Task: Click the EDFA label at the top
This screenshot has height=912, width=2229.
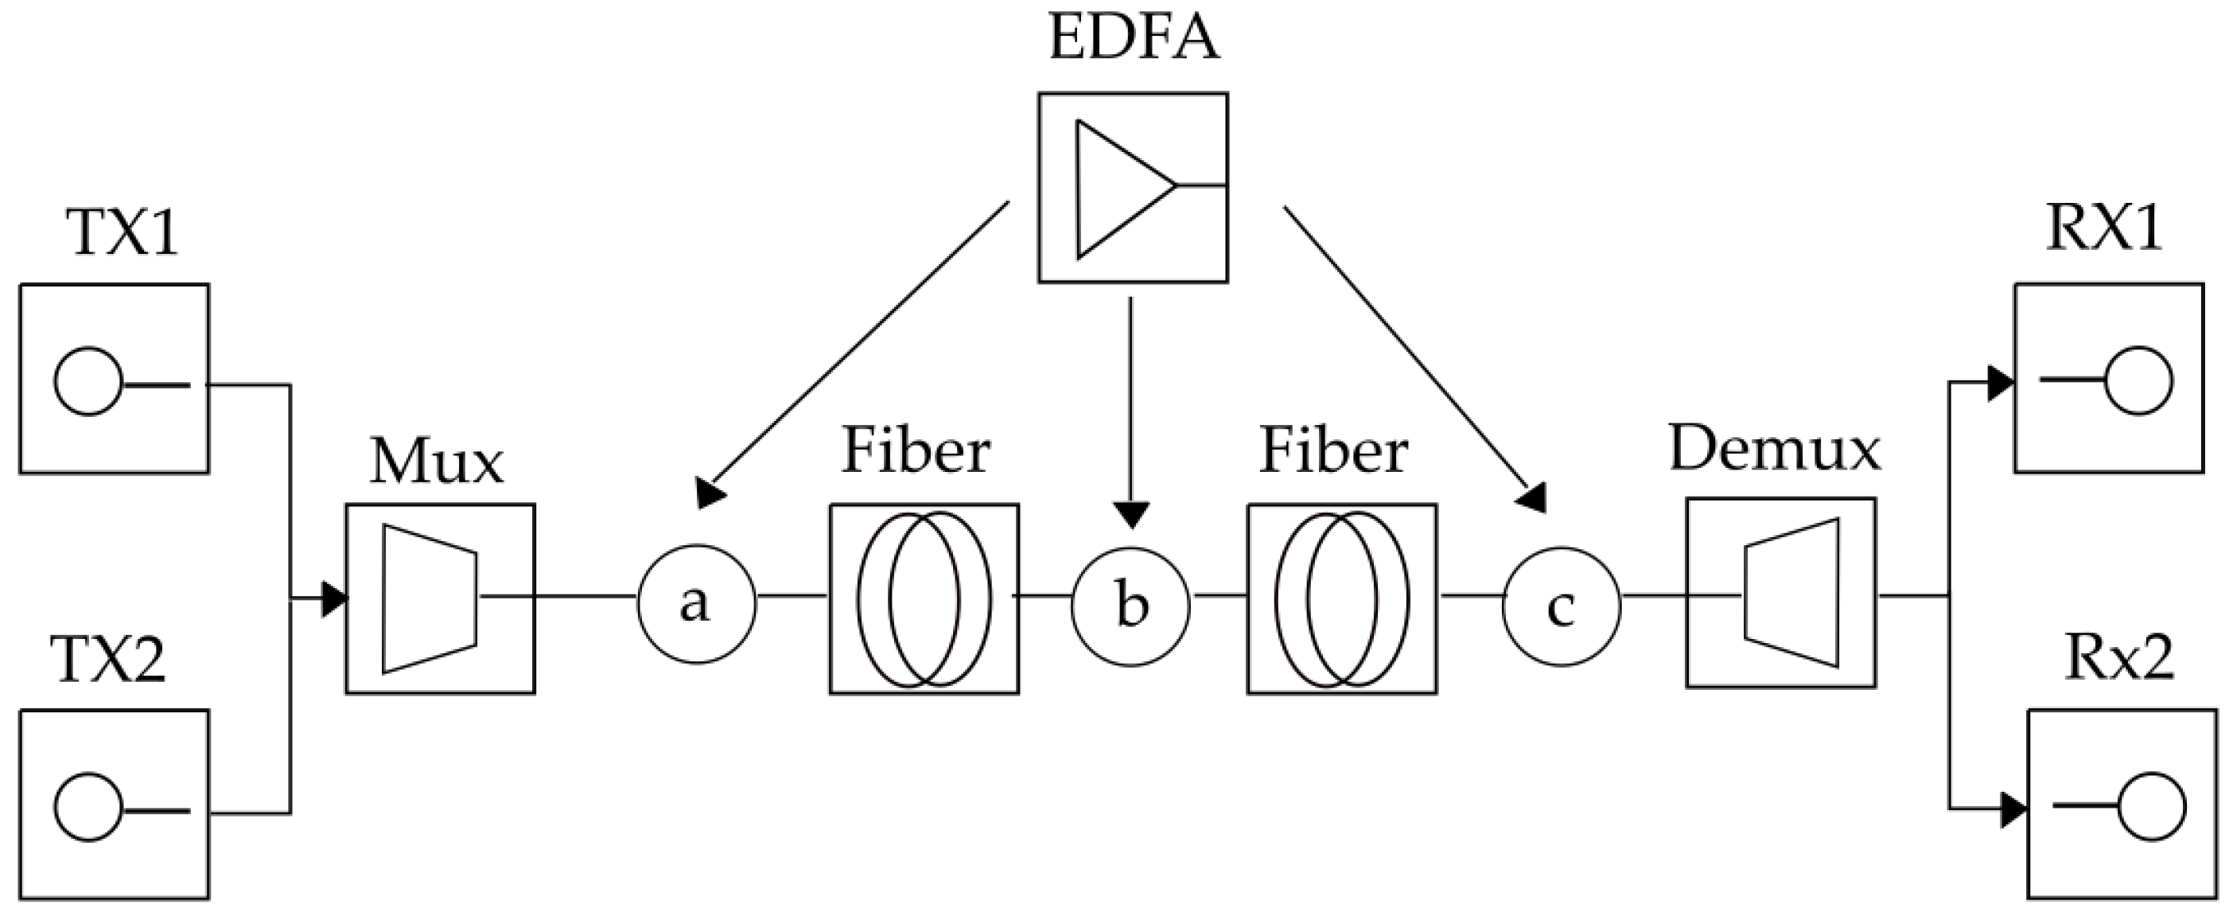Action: point(1134,39)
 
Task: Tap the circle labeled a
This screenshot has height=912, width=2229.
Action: point(697,604)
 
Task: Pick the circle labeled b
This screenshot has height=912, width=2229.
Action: point(1131,606)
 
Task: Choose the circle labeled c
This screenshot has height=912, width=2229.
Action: point(1562,606)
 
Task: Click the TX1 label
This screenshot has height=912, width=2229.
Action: point(123,234)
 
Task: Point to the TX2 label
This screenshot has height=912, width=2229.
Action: point(108,660)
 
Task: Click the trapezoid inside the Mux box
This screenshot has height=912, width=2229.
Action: point(428,598)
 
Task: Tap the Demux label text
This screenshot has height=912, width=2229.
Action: point(1774,450)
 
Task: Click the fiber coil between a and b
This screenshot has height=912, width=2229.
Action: point(924,598)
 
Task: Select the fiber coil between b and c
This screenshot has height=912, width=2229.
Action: point(1341,598)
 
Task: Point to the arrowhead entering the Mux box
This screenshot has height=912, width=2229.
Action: point(334,598)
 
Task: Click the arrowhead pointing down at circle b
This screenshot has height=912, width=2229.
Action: point(1131,515)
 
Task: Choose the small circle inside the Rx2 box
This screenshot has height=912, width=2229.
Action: point(2152,806)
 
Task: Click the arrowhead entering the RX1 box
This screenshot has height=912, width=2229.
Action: point(2000,384)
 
